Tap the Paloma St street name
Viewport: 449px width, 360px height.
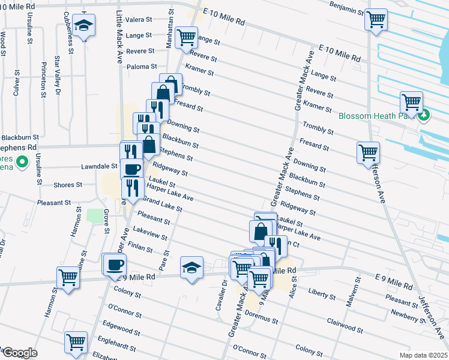coord(141,67)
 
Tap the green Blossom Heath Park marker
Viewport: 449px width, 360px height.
coord(425,115)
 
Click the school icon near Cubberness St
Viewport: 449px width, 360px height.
coord(83,25)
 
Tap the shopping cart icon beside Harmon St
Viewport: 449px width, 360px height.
coord(68,277)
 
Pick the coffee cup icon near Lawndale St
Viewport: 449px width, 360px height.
coord(132,168)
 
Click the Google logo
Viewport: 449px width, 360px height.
coord(19,353)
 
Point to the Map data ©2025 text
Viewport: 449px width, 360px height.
coord(423,355)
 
